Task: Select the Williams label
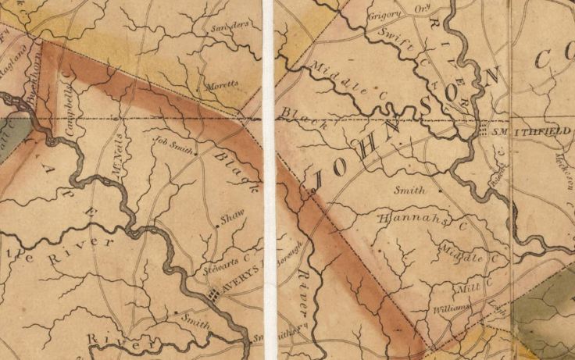[450, 309]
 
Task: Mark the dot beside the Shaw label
[216, 227]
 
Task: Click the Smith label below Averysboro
[195, 319]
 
